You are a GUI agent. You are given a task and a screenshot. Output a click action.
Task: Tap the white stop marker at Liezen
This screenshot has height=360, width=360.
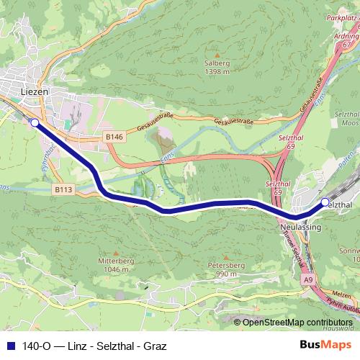(35, 122)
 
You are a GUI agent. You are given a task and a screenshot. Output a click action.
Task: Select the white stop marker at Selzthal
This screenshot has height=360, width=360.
(325, 202)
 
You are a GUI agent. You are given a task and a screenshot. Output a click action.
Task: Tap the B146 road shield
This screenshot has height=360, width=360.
(112, 136)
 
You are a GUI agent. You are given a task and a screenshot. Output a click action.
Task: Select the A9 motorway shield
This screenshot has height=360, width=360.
(307, 279)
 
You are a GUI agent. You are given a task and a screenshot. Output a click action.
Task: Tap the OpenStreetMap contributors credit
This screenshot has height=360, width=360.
(297, 322)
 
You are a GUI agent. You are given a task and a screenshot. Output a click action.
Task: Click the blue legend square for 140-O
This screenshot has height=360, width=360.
(9, 346)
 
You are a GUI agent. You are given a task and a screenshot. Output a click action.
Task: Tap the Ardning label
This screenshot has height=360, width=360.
(346, 36)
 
